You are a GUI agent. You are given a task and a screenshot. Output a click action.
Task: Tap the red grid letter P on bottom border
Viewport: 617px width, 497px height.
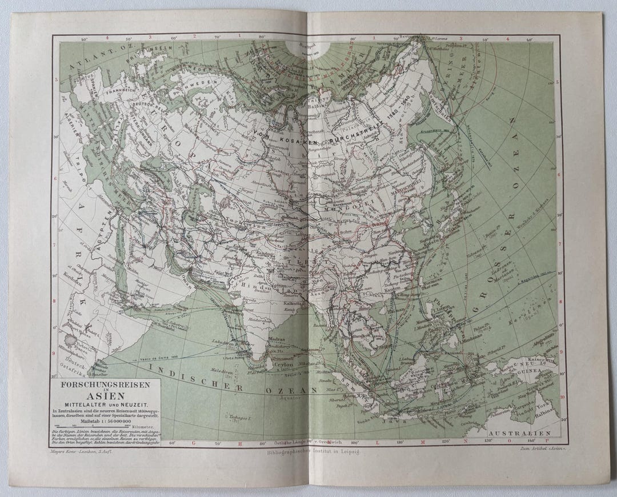(547, 442)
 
